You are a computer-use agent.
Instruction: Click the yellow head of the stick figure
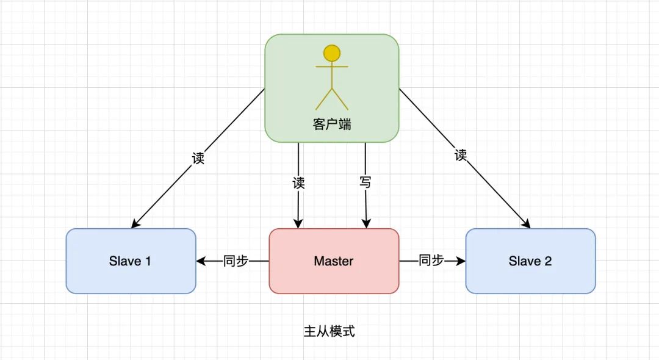pos(331,53)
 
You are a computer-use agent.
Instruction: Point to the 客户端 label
pos(332,124)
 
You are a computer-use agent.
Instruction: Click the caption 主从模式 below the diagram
pos(329,331)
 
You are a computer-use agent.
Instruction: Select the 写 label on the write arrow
pos(365,182)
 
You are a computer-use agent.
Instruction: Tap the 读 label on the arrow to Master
pos(298,182)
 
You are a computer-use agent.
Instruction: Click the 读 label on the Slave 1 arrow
pos(198,158)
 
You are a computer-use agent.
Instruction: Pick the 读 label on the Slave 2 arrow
pos(461,155)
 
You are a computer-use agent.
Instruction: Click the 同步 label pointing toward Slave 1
pos(236,261)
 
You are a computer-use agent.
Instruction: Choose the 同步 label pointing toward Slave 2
pos(431,261)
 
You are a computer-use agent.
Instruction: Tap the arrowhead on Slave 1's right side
pos(201,261)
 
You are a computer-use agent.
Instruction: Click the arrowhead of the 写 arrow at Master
pos(366,225)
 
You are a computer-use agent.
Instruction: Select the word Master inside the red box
pos(334,261)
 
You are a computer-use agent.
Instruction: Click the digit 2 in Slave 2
pos(547,261)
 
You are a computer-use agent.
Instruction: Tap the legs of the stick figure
pos(331,99)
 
